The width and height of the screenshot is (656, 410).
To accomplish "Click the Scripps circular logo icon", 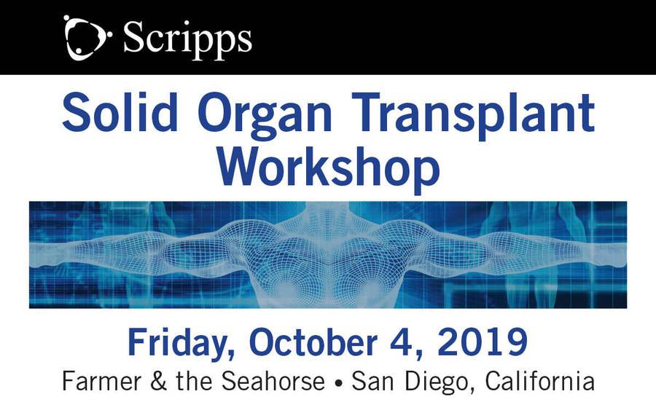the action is coord(87,37).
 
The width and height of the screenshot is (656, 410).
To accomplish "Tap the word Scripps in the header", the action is coord(187,40).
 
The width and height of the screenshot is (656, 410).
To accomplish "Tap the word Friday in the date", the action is coord(181,344).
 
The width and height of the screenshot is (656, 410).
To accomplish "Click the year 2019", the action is coord(483,342).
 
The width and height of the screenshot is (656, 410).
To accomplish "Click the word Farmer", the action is coord(101,381).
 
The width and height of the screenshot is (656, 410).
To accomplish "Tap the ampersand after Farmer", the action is coord(158,381).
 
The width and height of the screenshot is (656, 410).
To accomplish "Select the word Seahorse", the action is coord(273,381).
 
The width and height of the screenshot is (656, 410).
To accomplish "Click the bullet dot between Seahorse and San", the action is coord(338,383).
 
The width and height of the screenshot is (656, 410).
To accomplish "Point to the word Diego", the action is coord(440,382).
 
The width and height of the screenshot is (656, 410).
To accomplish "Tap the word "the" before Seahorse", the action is coord(195,381).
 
